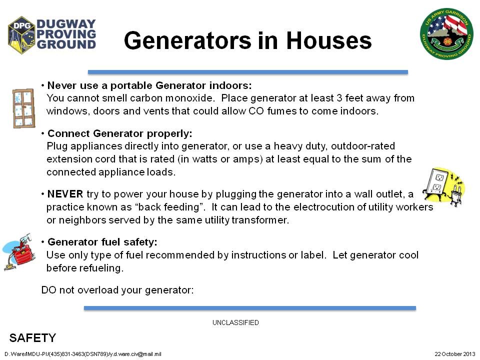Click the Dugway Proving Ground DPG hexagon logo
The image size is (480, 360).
21,35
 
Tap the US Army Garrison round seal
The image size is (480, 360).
446,33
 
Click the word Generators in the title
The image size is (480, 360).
188,40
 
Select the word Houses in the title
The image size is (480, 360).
329,40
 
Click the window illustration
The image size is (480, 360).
23,108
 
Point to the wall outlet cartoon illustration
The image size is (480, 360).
443,186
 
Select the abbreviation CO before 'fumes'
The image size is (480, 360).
256,111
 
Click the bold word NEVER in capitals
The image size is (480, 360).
65,194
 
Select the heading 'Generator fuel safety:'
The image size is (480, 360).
102,242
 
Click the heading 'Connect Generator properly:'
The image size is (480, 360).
119,133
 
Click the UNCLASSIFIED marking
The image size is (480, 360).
235,322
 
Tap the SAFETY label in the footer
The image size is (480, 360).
33,338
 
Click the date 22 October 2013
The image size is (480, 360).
454,354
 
